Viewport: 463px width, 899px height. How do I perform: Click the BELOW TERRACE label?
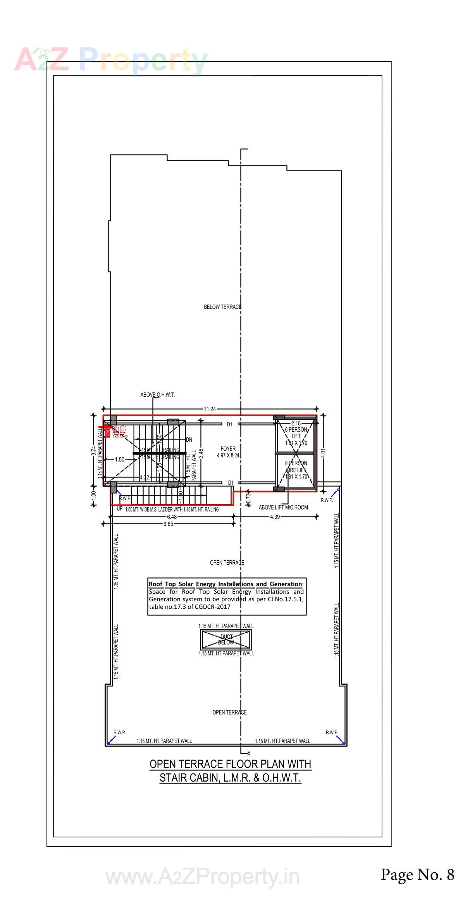[222, 307]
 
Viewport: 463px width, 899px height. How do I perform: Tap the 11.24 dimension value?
[210, 409]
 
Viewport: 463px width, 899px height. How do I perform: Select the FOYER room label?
[228, 449]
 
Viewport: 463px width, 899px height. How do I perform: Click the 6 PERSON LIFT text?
[296, 433]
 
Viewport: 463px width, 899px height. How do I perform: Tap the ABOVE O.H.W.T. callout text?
[157, 395]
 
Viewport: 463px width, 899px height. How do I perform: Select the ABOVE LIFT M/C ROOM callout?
[283, 507]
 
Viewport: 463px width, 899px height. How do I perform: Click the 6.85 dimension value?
[168, 524]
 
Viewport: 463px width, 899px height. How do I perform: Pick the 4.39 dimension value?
[275, 517]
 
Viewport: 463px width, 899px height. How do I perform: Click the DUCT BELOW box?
[226, 639]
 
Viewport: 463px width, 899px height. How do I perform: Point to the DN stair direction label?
[189, 440]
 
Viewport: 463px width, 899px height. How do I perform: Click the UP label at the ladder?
[119, 508]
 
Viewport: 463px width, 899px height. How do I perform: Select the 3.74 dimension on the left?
[94, 451]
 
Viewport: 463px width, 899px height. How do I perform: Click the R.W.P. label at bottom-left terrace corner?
[119, 732]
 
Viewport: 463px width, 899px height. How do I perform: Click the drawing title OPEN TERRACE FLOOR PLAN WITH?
[230, 764]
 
